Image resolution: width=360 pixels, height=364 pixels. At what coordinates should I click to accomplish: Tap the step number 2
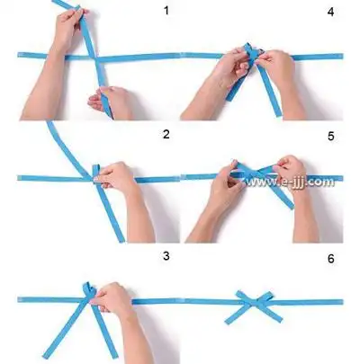tap(166, 135)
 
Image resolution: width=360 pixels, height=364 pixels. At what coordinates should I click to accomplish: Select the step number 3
tap(166, 256)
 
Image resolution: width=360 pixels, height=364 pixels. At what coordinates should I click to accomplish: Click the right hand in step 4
tap(274, 72)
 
